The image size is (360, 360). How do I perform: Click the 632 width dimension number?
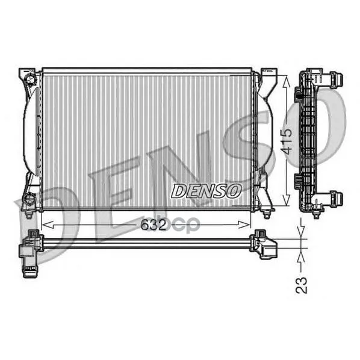153,225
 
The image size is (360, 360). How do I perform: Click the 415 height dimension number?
287,141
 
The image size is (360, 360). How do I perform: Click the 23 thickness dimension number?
301,285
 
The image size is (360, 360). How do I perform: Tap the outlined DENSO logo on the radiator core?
206,191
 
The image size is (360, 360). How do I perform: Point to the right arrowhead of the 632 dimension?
244,225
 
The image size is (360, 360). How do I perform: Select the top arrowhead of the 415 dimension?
287,81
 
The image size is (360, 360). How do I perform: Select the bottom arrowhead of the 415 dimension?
287,199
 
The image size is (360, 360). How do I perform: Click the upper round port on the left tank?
31,79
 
